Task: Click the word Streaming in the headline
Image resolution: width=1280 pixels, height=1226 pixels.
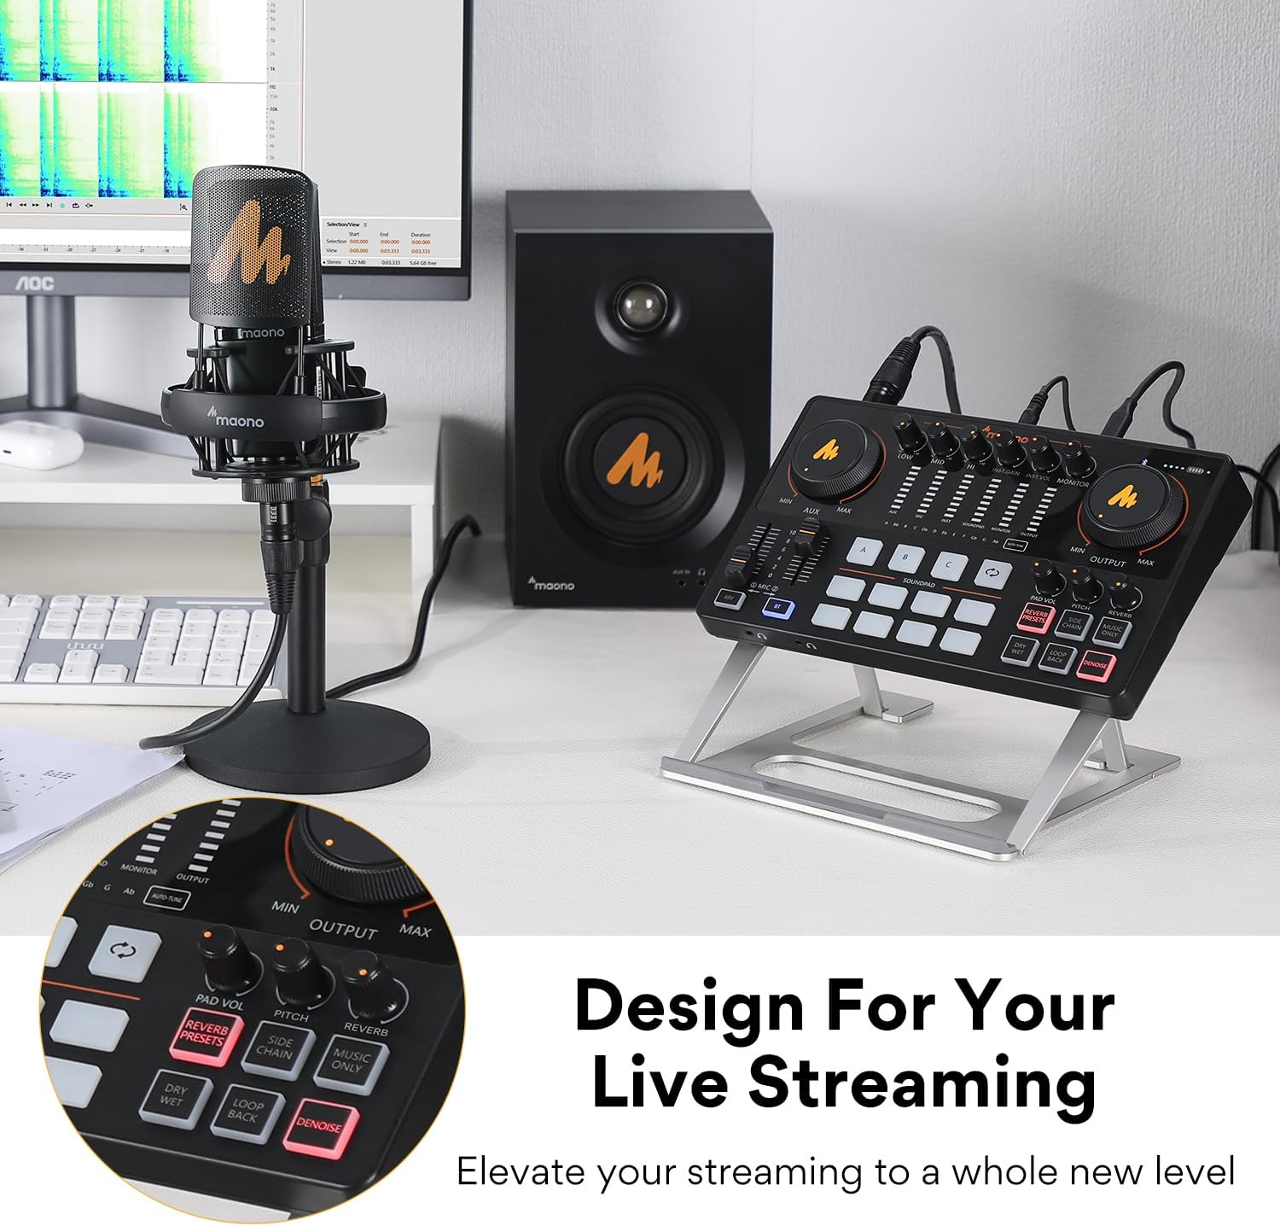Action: click(922, 1082)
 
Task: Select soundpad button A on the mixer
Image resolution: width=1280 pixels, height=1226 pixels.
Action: click(863, 552)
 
